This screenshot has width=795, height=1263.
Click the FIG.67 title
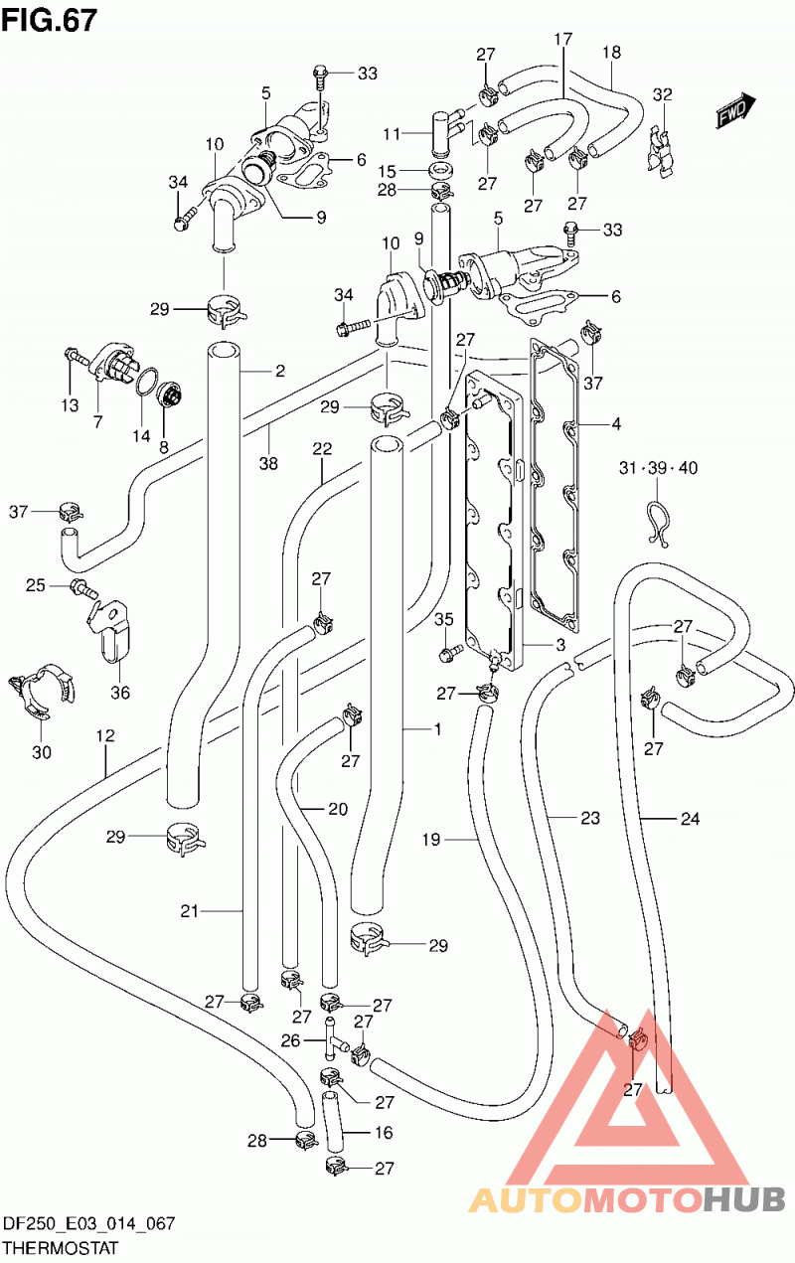tap(49, 22)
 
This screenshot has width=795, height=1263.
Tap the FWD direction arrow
tap(735, 111)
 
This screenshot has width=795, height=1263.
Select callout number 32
tap(663, 94)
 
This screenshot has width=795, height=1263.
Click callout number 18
tap(611, 53)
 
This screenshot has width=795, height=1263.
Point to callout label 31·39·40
tap(658, 467)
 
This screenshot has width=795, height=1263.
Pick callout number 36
tap(120, 692)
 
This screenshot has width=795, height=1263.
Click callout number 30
tap(42, 751)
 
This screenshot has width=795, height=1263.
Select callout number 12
tap(105, 735)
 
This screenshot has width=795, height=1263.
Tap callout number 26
tap(290, 1040)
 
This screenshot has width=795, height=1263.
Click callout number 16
tap(384, 1132)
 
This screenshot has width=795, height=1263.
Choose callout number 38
tap(268, 463)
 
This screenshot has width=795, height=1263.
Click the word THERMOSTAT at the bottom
tap(61, 1248)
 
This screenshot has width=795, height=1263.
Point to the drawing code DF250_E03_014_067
tap(88, 1223)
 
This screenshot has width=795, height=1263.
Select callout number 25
tap(35, 585)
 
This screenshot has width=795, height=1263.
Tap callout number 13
tap(70, 404)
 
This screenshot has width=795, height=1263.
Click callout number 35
tap(444, 619)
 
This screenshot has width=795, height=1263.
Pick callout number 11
tap(392, 134)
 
